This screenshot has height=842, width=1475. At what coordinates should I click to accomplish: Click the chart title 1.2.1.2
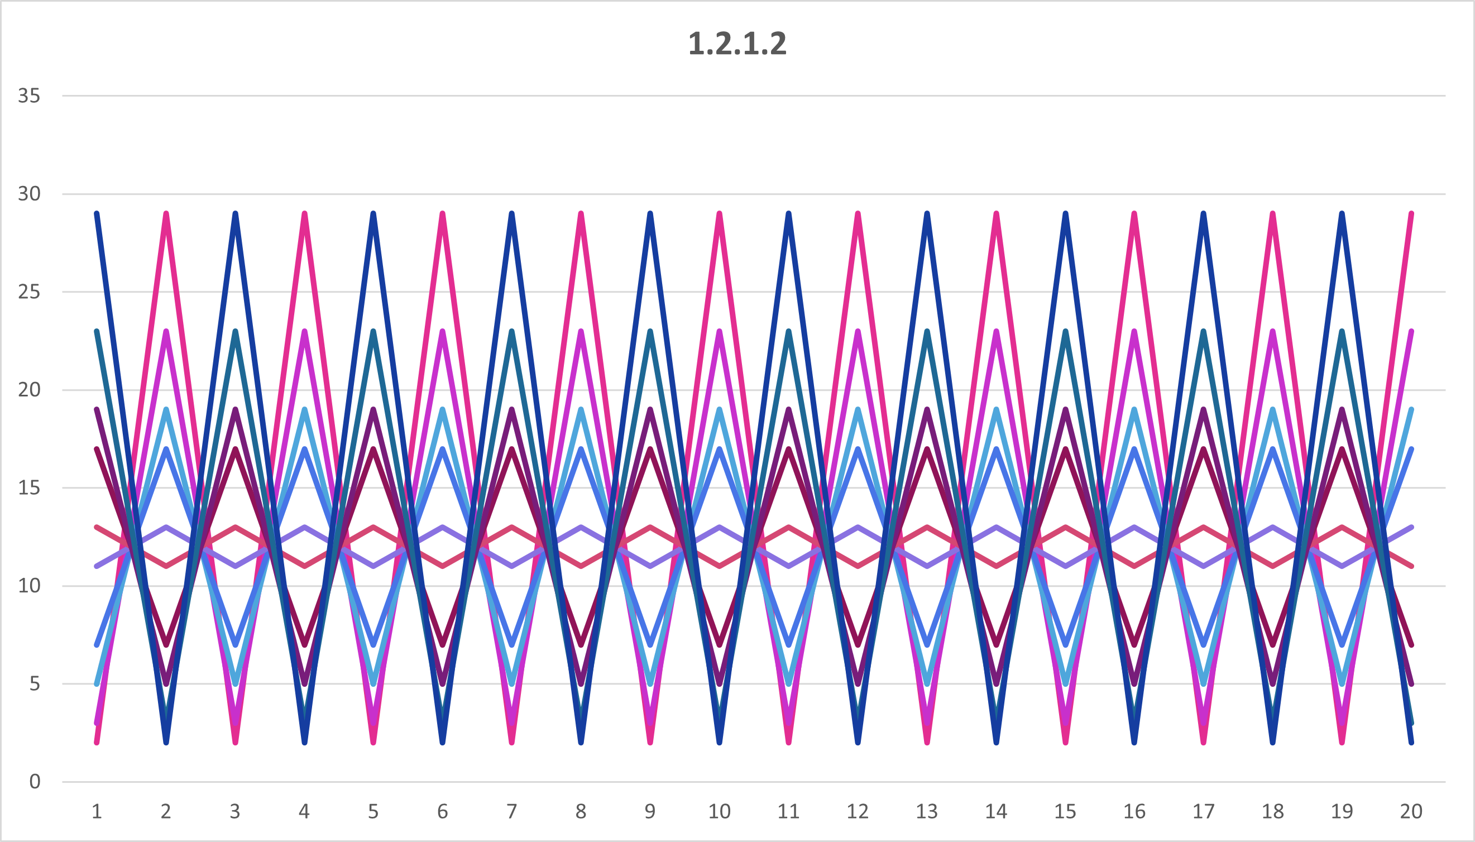point(737,44)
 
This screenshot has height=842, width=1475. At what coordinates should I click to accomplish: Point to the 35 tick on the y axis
point(29,95)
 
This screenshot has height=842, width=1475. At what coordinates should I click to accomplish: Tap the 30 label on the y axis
point(29,194)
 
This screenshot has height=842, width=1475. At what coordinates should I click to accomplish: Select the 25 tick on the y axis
point(29,291)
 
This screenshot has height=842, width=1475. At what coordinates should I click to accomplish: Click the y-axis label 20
point(29,390)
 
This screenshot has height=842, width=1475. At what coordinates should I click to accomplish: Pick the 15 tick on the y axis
point(29,487)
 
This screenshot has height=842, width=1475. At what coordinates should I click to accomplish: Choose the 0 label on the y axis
point(35,782)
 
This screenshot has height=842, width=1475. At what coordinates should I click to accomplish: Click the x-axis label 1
point(97,811)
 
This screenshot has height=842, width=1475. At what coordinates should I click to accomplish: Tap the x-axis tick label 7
point(512,811)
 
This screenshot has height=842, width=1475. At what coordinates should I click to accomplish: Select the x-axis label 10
point(719,811)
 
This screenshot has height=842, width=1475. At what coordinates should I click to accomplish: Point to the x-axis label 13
point(927,811)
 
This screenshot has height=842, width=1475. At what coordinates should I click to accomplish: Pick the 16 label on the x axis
point(1134,811)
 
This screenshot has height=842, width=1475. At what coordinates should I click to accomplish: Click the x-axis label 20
point(1411,811)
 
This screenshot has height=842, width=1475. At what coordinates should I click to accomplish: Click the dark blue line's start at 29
point(97,214)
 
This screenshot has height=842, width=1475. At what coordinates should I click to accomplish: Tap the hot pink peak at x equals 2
point(166,214)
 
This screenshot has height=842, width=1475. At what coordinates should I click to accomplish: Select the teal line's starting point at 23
point(97,331)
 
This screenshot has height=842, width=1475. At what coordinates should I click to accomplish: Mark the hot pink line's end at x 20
point(1412,214)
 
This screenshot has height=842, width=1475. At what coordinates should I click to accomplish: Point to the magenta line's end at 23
point(1412,331)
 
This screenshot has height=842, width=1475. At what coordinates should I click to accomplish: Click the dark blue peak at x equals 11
point(789,214)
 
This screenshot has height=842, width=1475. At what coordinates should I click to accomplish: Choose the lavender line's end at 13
point(1412,528)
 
